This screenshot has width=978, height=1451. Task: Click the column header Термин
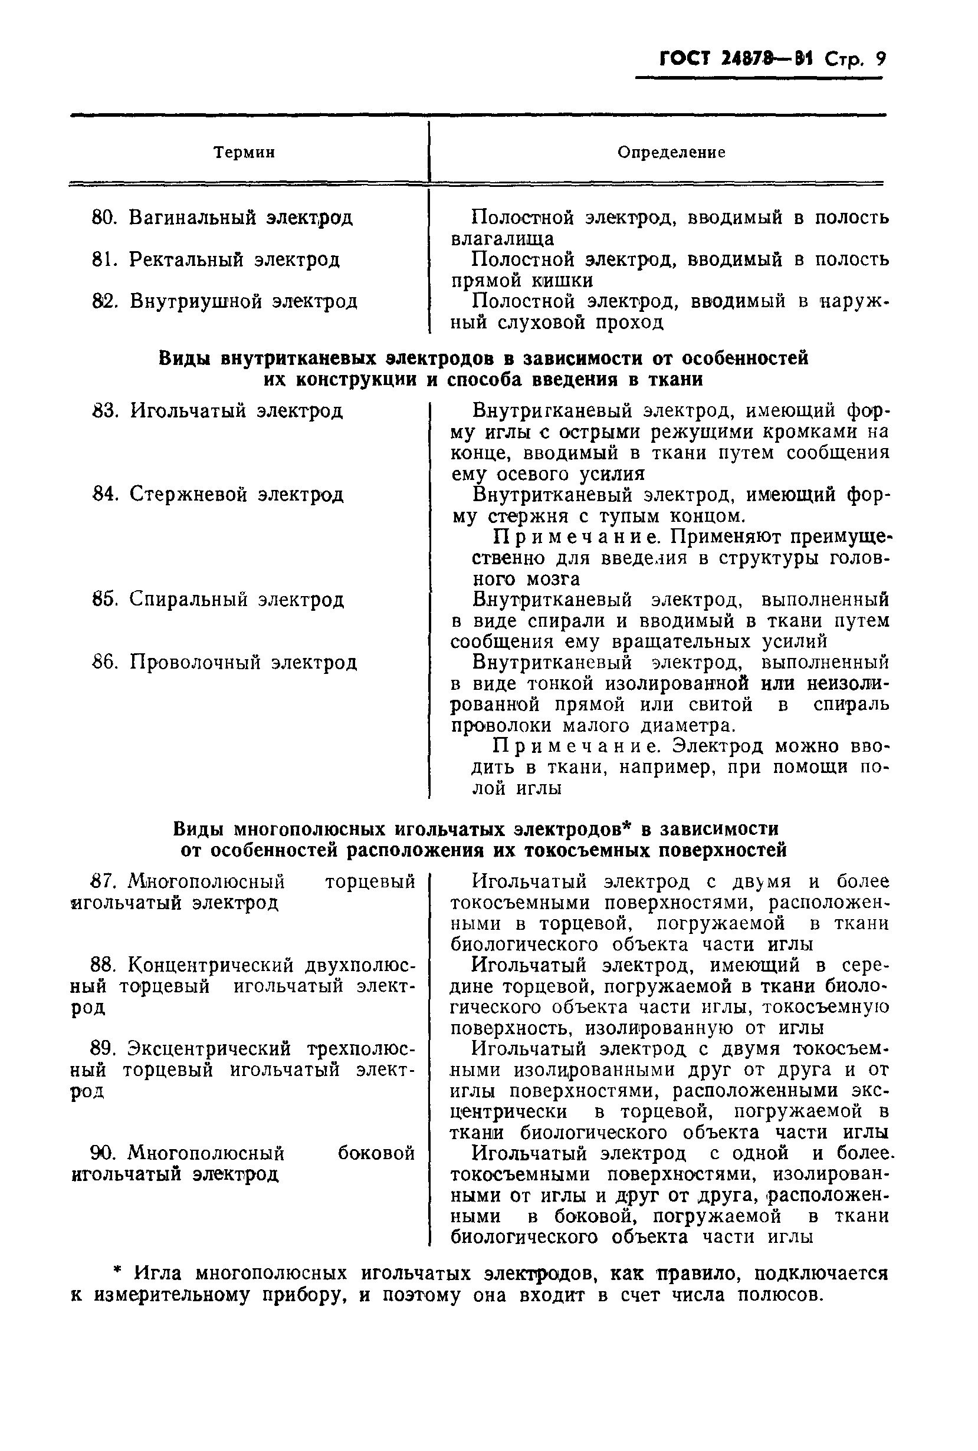click(244, 153)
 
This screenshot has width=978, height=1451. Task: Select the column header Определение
click(671, 153)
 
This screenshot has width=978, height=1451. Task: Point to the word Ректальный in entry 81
click(186, 259)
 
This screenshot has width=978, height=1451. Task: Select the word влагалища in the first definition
click(502, 239)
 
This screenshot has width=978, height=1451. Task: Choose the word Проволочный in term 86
click(194, 662)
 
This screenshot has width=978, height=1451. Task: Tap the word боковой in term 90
click(376, 1154)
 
